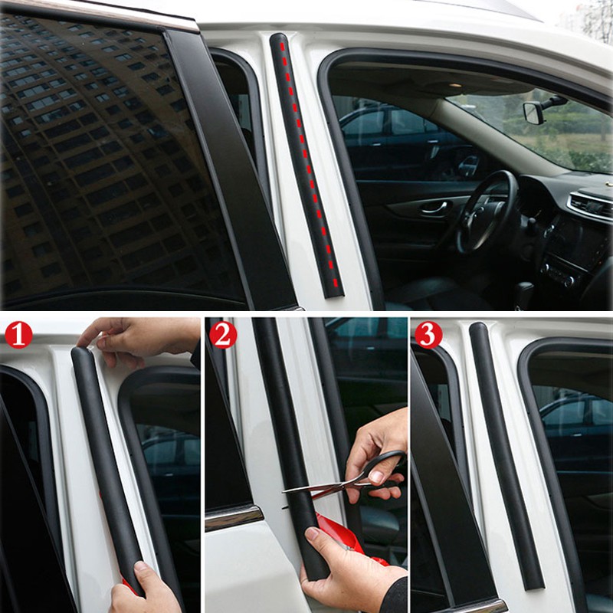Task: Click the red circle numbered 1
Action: (18, 335)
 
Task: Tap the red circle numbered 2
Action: (223, 335)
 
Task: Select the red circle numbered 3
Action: (428, 335)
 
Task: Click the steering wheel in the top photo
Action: (486, 211)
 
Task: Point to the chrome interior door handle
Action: (434, 207)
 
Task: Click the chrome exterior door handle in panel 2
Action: (234, 517)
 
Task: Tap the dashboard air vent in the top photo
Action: (590, 204)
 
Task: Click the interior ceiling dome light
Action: (454, 84)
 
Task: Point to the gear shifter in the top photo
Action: (524, 293)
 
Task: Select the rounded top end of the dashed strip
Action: (279, 38)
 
